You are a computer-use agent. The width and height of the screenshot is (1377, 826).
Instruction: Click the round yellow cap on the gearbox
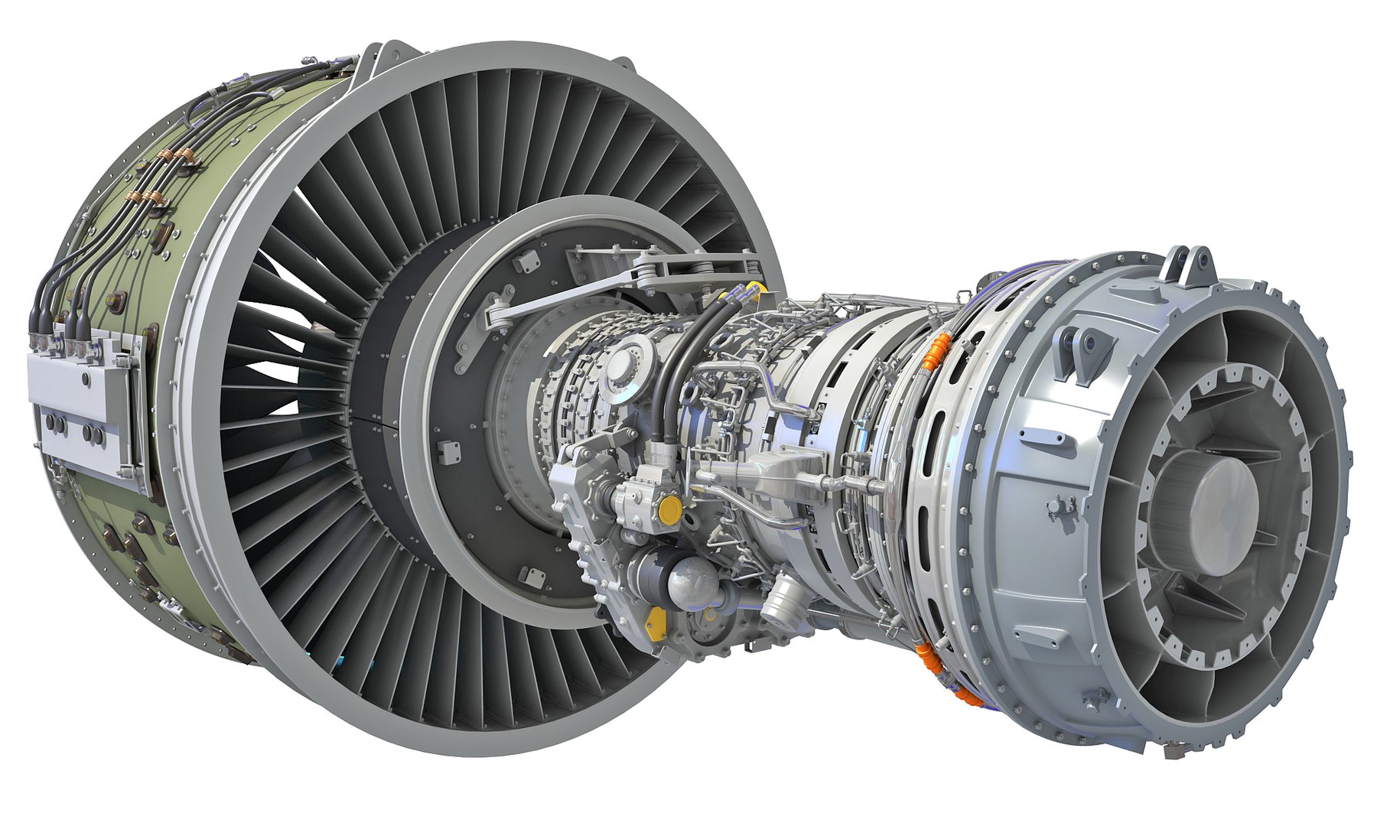[669, 508]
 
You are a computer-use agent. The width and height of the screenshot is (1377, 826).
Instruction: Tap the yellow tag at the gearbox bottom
[655, 622]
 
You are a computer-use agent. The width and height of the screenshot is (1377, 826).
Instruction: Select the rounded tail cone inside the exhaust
[1224, 505]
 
